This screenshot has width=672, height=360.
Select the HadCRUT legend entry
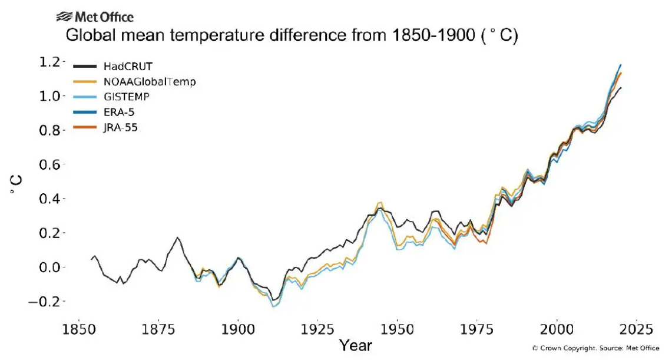[x=124, y=67]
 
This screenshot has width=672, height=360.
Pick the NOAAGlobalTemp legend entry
[x=145, y=82]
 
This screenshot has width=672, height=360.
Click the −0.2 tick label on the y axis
[x=44, y=302]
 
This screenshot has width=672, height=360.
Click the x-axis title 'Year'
[x=355, y=345]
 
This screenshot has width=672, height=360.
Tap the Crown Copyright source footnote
[x=595, y=348]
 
